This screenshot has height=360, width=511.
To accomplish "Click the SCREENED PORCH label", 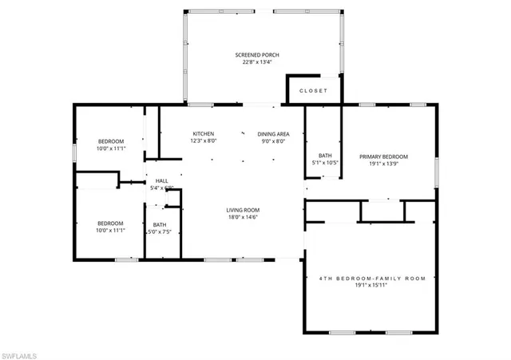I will [257, 55].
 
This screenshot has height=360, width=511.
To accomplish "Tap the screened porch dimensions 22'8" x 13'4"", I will [257, 62].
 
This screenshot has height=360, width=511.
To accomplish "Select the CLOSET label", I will [313, 91].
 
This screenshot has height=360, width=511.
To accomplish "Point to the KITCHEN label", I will [203, 133].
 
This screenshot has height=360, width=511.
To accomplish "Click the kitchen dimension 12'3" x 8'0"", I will [203, 140].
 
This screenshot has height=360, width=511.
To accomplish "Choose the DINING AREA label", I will [273, 133].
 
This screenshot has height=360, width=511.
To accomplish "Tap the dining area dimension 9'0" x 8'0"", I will [273, 140].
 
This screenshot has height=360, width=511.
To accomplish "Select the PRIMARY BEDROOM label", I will [383, 156].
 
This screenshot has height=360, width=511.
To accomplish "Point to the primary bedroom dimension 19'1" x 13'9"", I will [383, 164].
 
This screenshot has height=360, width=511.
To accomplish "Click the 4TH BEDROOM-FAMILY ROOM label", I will [372, 279].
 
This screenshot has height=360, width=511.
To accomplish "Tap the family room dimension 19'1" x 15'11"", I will [372, 286].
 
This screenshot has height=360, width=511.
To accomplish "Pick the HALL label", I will [161, 181].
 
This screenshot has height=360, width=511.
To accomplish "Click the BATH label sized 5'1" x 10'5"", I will [325, 156].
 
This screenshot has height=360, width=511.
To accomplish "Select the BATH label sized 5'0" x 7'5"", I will [160, 224].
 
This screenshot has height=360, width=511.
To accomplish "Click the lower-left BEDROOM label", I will [110, 223].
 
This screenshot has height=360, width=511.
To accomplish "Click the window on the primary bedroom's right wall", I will [437, 169].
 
